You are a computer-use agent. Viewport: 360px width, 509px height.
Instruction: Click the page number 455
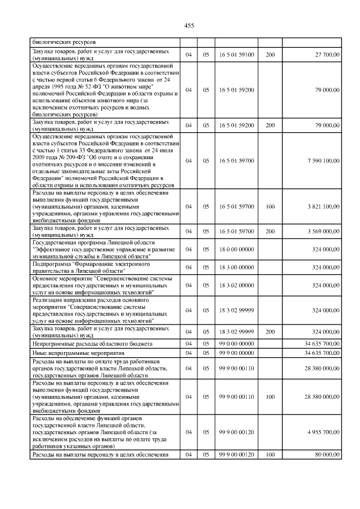(x=189, y=25)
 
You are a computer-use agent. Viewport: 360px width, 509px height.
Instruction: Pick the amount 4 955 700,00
(x=319, y=432)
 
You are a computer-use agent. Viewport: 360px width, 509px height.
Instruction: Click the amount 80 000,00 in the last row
(x=323, y=454)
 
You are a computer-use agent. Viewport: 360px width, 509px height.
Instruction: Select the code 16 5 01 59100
(x=237, y=55)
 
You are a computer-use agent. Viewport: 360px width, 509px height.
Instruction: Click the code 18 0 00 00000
(x=237, y=249)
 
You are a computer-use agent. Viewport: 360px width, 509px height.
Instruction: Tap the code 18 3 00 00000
(x=237, y=267)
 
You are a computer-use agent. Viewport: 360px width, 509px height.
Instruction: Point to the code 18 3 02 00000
(x=237, y=286)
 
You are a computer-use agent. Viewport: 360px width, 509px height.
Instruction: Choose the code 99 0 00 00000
(x=237, y=343)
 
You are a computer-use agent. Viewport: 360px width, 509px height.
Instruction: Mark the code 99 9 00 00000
(x=237, y=352)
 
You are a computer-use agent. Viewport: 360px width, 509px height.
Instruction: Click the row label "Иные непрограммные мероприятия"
(x=70, y=352)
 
